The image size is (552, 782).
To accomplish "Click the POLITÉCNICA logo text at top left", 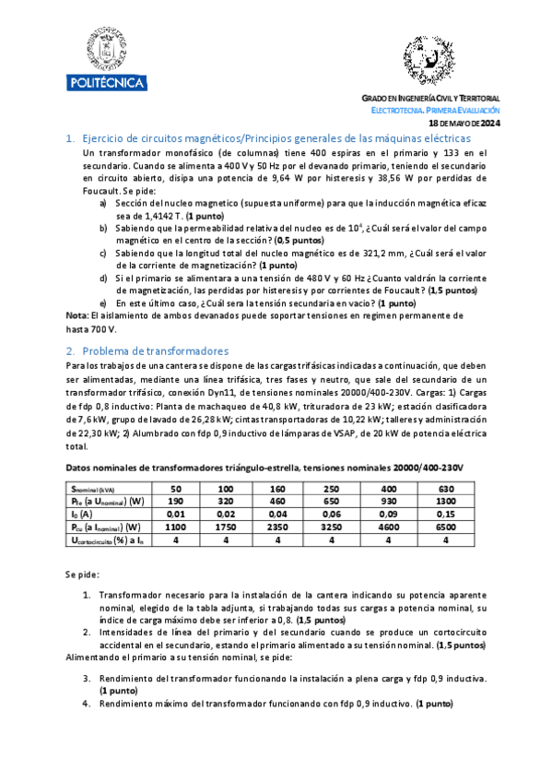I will click(x=106, y=83).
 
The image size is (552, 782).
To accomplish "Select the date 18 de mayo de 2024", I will click(x=465, y=123).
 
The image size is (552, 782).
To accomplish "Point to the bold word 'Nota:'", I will click(x=78, y=315).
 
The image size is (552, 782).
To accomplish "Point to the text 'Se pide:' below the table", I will click(x=82, y=574).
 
